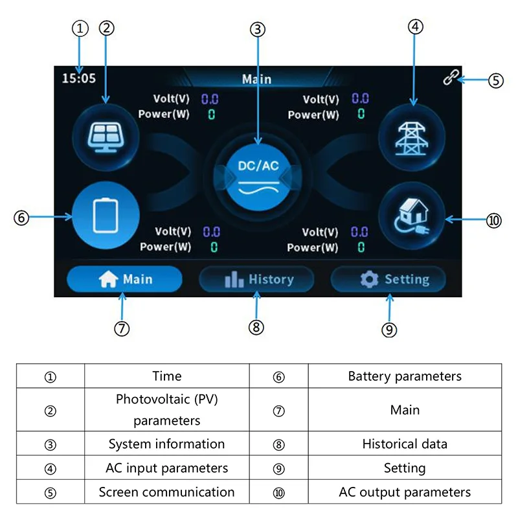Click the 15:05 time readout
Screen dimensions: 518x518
tap(78, 78)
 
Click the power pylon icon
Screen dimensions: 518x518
tap(412, 137)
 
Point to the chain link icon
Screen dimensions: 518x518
tap(451, 77)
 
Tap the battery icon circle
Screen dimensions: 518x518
tap(106, 217)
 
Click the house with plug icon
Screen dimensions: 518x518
tap(412, 217)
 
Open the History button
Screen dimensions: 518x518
tap(257, 280)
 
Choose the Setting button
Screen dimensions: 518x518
tap(389, 280)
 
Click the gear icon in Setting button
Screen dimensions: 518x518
tap(369, 280)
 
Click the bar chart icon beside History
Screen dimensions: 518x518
tap(234, 280)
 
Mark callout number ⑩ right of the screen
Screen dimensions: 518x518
tap(493, 220)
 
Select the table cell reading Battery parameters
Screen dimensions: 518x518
tap(405, 376)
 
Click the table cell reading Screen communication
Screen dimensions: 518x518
tap(166, 492)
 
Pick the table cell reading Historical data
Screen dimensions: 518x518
tap(405, 444)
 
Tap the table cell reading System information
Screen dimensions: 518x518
tap(166, 444)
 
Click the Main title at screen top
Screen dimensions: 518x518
tap(256, 79)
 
